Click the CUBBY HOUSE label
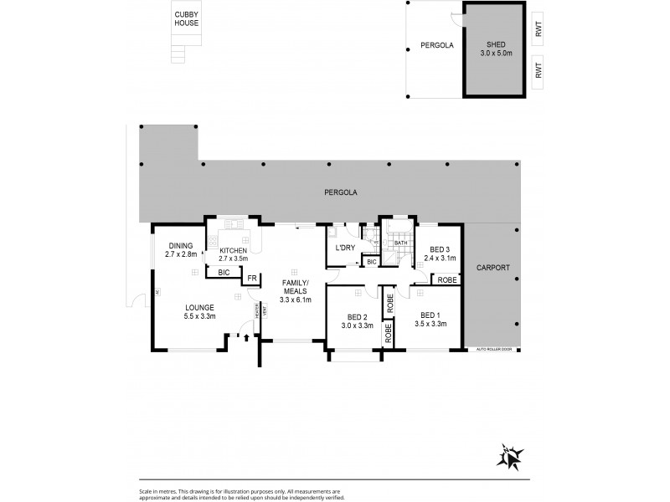coord(187,19)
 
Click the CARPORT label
coord(493,268)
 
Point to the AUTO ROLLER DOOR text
coord(492,349)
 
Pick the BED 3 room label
coord(440,254)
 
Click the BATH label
coord(400,243)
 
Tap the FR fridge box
coord(251,279)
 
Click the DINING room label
coord(179,249)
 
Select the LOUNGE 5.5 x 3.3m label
coord(201,312)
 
